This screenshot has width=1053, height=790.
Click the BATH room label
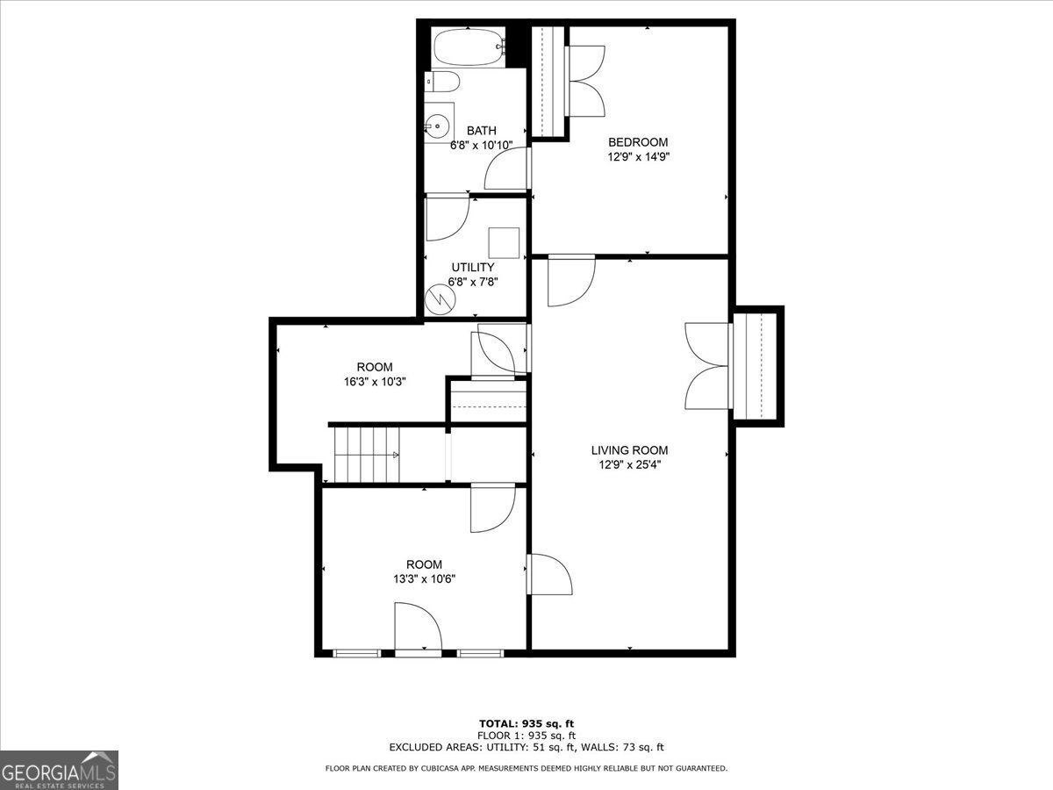click(481, 131)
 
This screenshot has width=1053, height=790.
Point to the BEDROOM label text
click(638, 142)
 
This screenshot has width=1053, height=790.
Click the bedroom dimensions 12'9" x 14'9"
click(638, 157)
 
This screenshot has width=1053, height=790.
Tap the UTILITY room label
click(473, 267)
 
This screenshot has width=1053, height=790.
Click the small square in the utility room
click(505, 242)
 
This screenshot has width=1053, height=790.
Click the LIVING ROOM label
click(629, 450)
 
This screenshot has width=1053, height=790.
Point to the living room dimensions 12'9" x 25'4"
click(629, 465)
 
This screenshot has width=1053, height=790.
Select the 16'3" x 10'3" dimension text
click(375, 382)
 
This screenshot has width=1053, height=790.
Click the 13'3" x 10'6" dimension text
click(424, 579)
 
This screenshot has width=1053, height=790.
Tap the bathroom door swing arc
click(506, 169)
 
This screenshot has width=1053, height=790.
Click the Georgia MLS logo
click(59, 770)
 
